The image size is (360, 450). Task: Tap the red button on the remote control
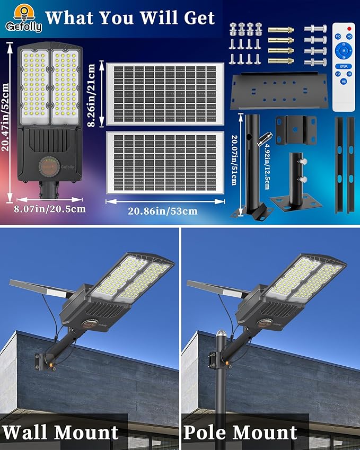(348, 28)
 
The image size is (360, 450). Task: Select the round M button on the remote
(343, 50)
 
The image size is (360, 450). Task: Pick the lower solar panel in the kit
(165, 162)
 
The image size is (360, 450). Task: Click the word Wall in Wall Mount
(30, 432)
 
